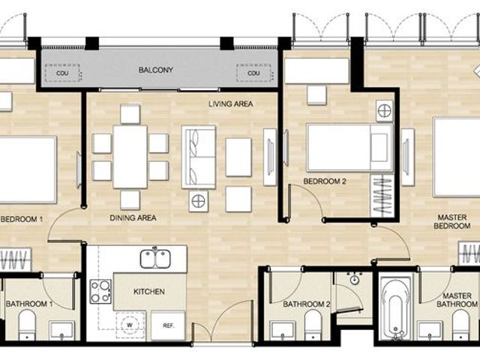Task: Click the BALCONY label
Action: pos(156,70)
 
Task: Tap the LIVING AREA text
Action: pos(231,104)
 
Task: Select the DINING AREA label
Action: pos(133,218)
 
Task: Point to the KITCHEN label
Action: pos(149,292)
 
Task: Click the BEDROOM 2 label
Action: pos(325,181)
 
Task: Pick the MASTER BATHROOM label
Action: pos(457,300)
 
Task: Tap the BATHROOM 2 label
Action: pos(307,304)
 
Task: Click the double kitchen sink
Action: pos(155,259)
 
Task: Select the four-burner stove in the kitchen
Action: pos(100,292)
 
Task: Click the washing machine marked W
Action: pos(130,325)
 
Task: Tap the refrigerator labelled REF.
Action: pos(168,325)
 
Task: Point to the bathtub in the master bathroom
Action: pos(396,309)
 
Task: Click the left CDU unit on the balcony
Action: pos(62,73)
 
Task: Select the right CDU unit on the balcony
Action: pos(253,73)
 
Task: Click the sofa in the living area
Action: pos(199,157)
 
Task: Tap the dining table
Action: pos(130,157)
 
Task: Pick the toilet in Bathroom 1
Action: pos(27,325)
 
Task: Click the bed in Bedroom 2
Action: pos(350,148)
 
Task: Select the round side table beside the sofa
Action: pos(199,201)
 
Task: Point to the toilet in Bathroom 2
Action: pos(313,325)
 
